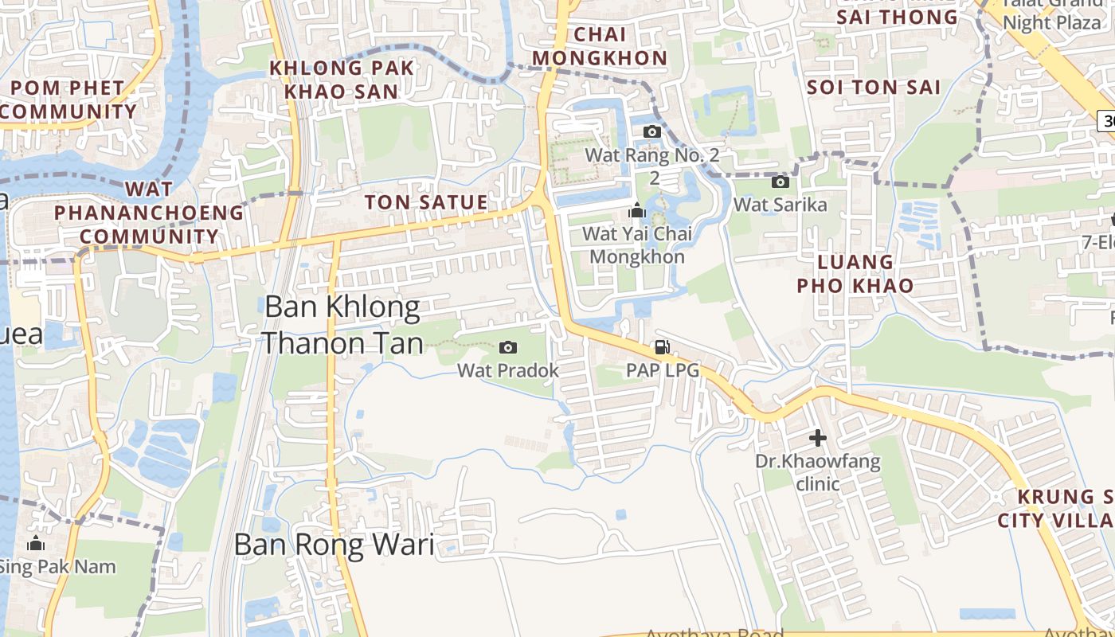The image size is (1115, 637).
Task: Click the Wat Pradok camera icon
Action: pos(507,347)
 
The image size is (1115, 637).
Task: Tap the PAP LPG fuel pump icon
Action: pos(661,347)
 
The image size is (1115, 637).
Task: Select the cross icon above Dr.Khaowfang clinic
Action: pos(817,438)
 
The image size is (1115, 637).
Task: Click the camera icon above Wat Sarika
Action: pos(780,182)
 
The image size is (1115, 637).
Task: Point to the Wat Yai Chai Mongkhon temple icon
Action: pos(636,211)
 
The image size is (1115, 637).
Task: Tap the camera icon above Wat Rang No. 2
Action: pos(652,131)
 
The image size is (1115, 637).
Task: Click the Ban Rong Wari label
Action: pos(334,545)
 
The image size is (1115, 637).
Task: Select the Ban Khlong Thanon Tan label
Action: pos(342,325)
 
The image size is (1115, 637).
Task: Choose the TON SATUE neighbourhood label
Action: pos(426,202)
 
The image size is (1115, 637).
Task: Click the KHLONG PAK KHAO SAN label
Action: pos(342,80)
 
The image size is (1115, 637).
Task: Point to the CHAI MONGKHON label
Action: pos(600,46)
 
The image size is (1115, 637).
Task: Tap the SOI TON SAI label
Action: pos(874,88)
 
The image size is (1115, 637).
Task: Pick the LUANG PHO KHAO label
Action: pos(855,273)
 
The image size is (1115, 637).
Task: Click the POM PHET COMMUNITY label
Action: pos(68,100)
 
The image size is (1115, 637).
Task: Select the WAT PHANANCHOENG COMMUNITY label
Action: pos(149,213)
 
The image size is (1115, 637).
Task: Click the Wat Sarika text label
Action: pos(780,205)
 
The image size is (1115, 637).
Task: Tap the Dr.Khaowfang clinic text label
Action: pos(818,472)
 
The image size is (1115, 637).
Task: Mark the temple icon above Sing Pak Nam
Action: pos(35,544)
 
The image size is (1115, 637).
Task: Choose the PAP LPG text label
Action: pos(662,370)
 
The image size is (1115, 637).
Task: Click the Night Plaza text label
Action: pos(1050,22)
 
